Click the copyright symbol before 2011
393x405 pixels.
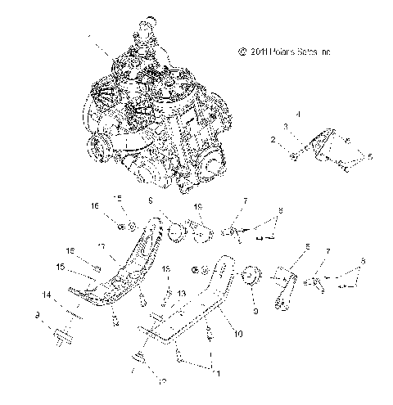(242, 51)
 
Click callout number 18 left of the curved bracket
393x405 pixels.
(70, 251)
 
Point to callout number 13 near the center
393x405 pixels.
(182, 293)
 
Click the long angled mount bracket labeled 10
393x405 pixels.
(196, 303)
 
